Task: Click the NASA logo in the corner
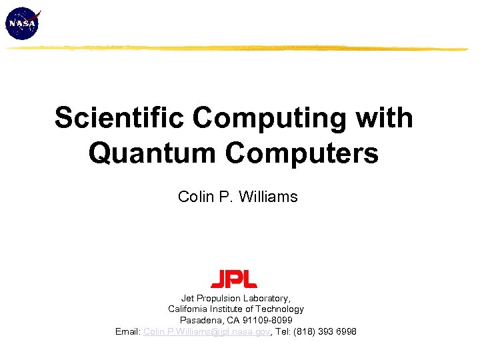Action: [x=23, y=23]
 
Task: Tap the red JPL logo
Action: [x=234, y=279]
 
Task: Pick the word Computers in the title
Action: [x=301, y=153]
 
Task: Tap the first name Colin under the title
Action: [x=194, y=197]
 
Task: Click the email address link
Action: [x=206, y=331]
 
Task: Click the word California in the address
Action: [x=189, y=309]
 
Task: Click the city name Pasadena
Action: [x=201, y=321]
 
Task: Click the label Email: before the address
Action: [x=128, y=331]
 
